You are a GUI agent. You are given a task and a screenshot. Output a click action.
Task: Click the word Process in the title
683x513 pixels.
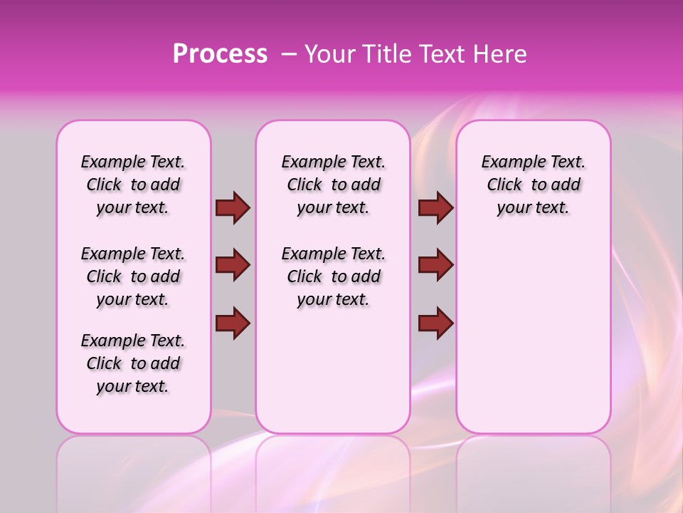[x=220, y=54]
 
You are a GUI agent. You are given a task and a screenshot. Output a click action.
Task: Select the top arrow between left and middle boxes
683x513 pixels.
[x=233, y=208]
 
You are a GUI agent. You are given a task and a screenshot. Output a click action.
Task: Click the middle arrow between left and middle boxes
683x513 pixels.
[x=233, y=265]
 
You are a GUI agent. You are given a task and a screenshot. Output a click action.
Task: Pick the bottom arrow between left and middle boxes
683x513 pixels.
[x=233, y=323]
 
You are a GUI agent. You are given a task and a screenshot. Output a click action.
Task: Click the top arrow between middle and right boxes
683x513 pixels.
[x=435, y=208]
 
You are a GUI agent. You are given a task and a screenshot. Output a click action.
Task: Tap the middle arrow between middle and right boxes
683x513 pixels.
[x=435, y=265]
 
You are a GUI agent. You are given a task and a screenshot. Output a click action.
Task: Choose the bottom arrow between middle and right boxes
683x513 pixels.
[x=435, y=323]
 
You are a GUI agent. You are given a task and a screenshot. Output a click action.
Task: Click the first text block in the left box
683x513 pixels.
[x=133, y=185]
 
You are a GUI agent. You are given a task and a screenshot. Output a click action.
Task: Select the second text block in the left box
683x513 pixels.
[x=133, y=276]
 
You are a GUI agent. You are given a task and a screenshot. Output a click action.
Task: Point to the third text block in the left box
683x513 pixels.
[x=133, y=363]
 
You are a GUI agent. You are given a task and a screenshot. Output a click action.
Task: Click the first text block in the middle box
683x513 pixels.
[x=333, y=185]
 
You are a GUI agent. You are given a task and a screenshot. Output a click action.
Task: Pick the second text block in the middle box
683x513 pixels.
[x=333, y=276]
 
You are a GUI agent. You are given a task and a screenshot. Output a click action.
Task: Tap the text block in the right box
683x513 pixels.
[x=533, y=185]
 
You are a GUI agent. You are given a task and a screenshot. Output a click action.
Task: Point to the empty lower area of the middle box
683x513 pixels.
[x=333, y=370]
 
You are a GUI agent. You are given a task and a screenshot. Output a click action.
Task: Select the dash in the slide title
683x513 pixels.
[x=289, y=54]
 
